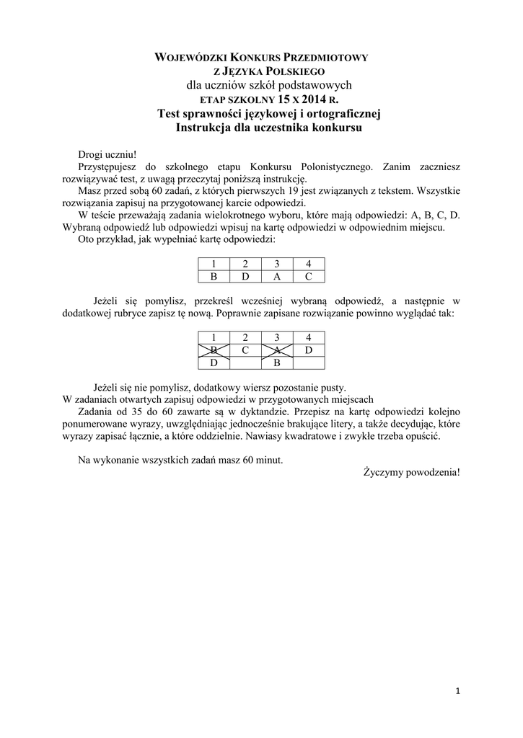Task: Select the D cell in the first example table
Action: [x=245, y=276]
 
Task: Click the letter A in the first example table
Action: [x=276, y=276]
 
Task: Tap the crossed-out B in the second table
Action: [x=213, y=350]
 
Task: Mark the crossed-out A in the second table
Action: [x=276, y=350]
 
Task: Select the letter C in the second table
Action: [x=245, y=350]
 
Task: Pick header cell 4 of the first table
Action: [x=308, y=264]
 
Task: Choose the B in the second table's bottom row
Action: [x=276, y=363]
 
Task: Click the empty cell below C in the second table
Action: [x=245, y=363]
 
